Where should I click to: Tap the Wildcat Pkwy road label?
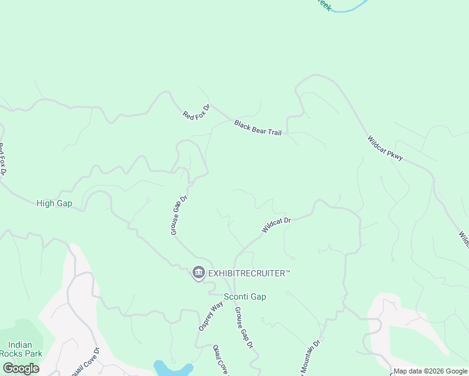[384, 149]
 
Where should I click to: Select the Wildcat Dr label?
[277, 225]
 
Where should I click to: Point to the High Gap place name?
[54, 203]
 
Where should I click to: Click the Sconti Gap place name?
[245, 296]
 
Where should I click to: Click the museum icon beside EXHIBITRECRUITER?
[199, 273]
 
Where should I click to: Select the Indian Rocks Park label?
[24, 349]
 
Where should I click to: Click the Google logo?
[21, 368]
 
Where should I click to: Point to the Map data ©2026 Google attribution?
[430, 371]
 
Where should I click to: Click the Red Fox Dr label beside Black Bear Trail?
[196, 112]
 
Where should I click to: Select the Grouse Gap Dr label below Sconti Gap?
[244, 328]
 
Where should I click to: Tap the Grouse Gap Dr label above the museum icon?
[179, 215]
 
